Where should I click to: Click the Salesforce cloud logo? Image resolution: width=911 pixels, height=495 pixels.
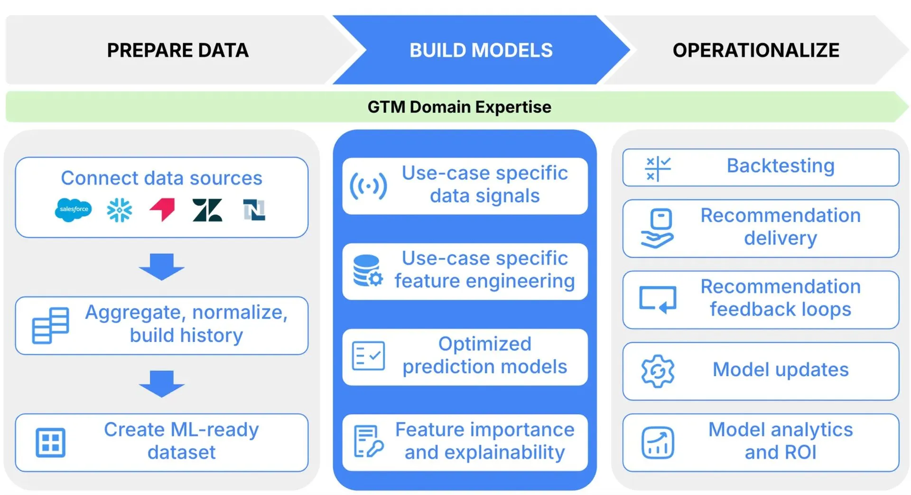[73, 209]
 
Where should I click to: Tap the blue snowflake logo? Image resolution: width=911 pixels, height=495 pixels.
[119, 210]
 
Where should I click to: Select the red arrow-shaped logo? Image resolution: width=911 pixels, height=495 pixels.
[163, 209]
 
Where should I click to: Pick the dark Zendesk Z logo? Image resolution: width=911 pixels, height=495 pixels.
[207, 210]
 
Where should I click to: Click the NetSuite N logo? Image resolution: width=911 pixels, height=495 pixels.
[254, 210]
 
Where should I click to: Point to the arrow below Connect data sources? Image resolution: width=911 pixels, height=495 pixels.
[161, 267]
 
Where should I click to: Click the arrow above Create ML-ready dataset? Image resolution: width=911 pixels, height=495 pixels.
[161, 383]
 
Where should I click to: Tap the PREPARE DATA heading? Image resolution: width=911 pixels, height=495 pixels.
[177, 50]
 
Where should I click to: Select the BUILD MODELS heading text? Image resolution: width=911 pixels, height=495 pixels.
[481, 50]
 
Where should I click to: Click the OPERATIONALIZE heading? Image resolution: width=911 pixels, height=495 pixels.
[756, 50]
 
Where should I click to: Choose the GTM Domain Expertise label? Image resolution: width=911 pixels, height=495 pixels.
[459, 107]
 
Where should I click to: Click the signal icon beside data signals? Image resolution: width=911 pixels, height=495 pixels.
[368, 186]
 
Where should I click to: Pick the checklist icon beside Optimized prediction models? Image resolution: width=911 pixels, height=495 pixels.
[368, 356]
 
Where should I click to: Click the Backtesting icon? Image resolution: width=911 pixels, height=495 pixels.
[658, 169]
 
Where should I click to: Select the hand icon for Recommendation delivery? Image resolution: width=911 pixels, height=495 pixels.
[658, 228]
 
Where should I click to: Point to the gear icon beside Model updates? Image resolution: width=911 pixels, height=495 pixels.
[658, 371]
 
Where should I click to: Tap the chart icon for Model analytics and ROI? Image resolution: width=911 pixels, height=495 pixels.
[658, 443]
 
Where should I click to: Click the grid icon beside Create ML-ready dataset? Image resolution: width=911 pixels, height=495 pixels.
[50, 443]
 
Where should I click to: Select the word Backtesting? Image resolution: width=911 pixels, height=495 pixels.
[781, 166]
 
